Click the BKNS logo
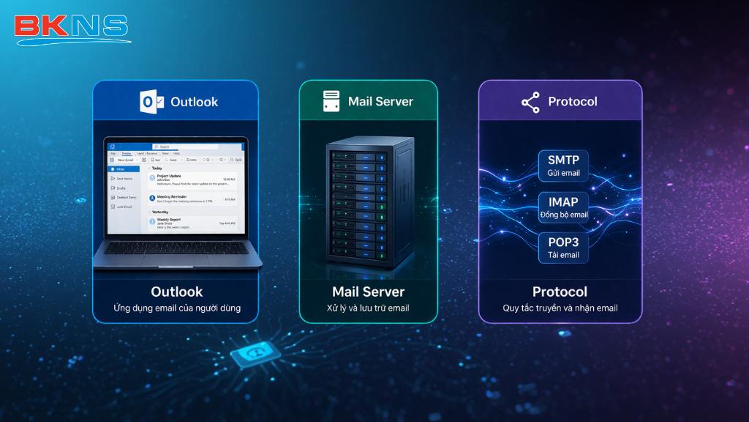coord(71,27)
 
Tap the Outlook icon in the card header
coord(151,102)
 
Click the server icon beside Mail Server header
coord(331,101)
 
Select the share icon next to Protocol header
coord(530,102)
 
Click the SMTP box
coord(562,166)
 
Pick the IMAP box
coord(562,207)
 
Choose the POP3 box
coord(562,247)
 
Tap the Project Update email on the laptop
coord(192,179)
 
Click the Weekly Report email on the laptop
coord(192,222)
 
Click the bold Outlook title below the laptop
coord(176,292)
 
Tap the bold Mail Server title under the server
coord(368,292)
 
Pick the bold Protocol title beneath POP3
coord(560,292)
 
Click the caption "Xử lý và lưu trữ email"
coord(368,308)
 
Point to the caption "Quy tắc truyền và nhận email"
coord(560,308)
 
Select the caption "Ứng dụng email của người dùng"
coord(176,308)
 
